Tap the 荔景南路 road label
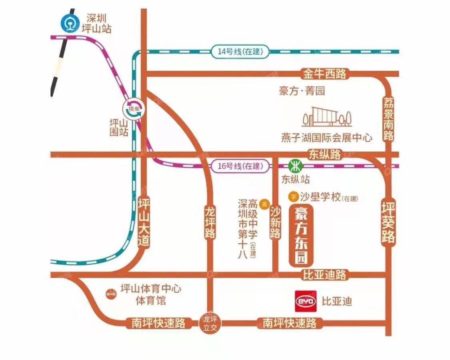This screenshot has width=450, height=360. [x=388, y=119]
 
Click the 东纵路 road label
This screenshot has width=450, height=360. [x=325, y=154]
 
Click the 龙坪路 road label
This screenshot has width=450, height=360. [x=210, y=222]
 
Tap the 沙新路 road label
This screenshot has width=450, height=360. [x=275, y=222]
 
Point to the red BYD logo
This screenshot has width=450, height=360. [x=306, y=301]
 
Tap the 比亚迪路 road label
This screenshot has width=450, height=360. [x=324, y=275]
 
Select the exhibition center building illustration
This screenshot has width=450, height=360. [x=327, y=116]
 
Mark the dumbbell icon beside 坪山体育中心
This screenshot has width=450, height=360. [x=110, y=294]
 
